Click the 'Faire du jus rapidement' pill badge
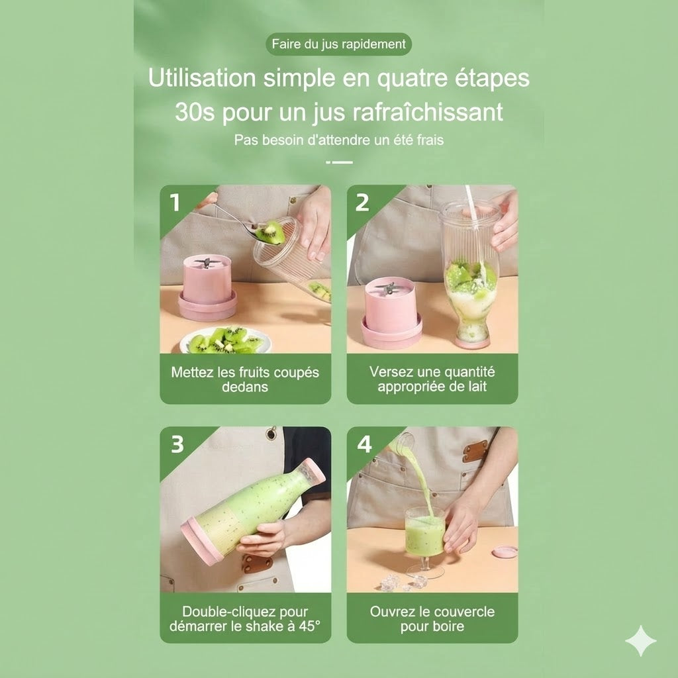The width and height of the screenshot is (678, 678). pyautogui.click(x=338, y=44)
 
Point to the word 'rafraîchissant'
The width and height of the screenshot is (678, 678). pyautogui.click(x=428, y=112)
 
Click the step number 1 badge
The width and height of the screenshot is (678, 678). pyautogui.click(x=175, y=202)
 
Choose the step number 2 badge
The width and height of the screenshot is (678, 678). pyautogui.click(x=362, y=202)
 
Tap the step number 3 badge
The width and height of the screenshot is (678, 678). pyautogui.click(x=177, y=444)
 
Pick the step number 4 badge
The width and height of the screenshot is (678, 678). pyautogui.click(x=364, y=444)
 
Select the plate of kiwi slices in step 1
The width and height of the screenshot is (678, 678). pyautogui.click(x=225, y=340)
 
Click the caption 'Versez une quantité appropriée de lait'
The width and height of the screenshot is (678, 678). pyautogui.click(x=432, y=379)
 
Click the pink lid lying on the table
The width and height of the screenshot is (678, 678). pyautogui.click(x=505, y=552)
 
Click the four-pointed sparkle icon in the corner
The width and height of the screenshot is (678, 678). pyautogui.click(x=641, y=640)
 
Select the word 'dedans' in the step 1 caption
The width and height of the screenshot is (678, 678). pyautogui.click(x=245, y=387)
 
